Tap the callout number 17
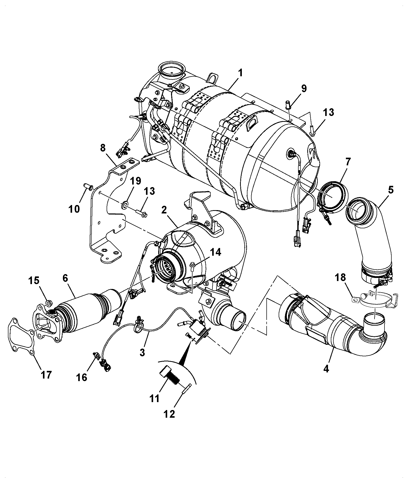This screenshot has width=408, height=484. point(46,375)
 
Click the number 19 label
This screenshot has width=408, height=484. point(135,181)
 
